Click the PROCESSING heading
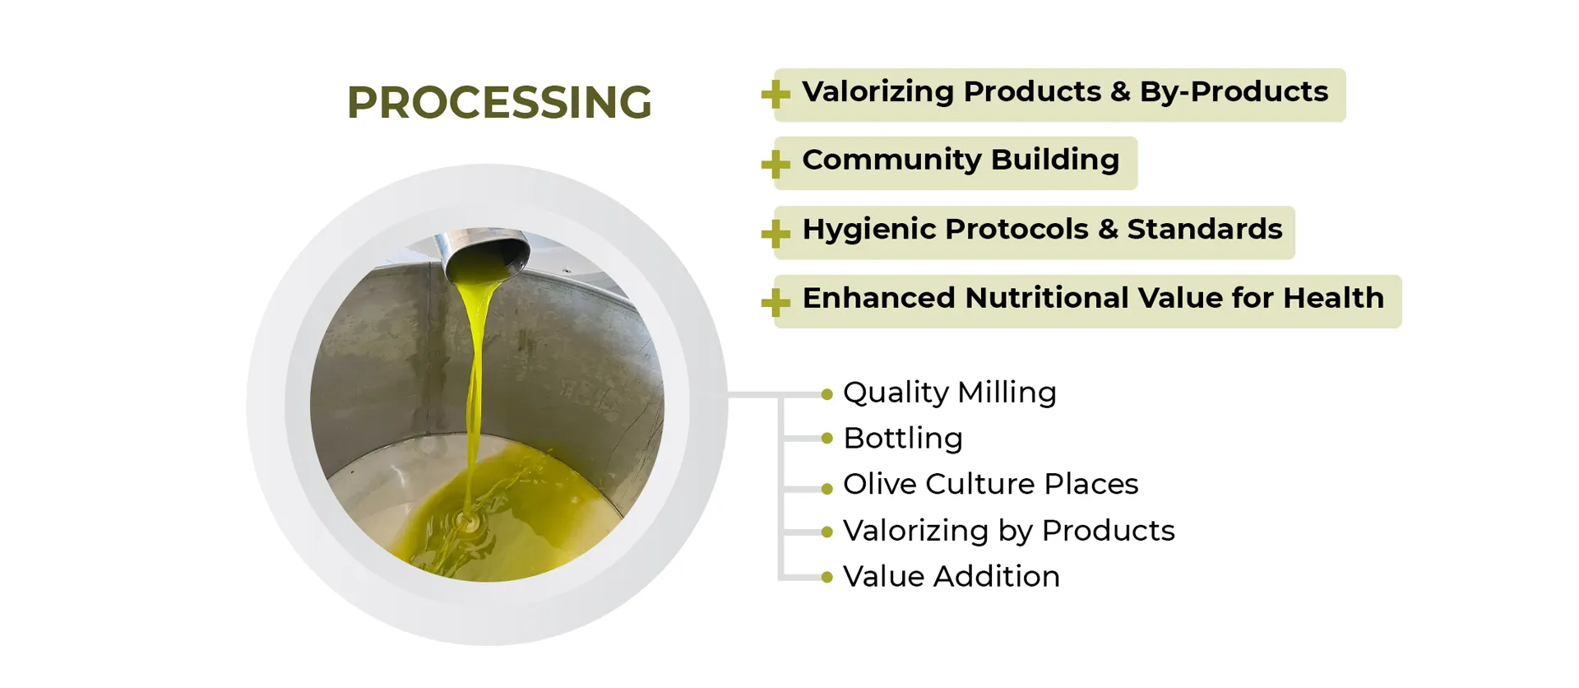point(499,103)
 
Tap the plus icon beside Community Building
point(776,164)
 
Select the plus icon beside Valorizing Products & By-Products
point(776,95)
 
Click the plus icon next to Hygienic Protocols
point(776,233)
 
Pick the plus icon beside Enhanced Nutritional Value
point(776,302)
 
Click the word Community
point(891,160)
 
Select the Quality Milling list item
point(950,393)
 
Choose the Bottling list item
point(903,439)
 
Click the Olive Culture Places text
point(991,484)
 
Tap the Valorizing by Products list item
point(1009,531)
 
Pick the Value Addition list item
point(952,576)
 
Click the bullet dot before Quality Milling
point(827,395)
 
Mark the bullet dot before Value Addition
point(827,578)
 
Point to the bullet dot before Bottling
point(827,439)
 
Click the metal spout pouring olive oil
point(485,253)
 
